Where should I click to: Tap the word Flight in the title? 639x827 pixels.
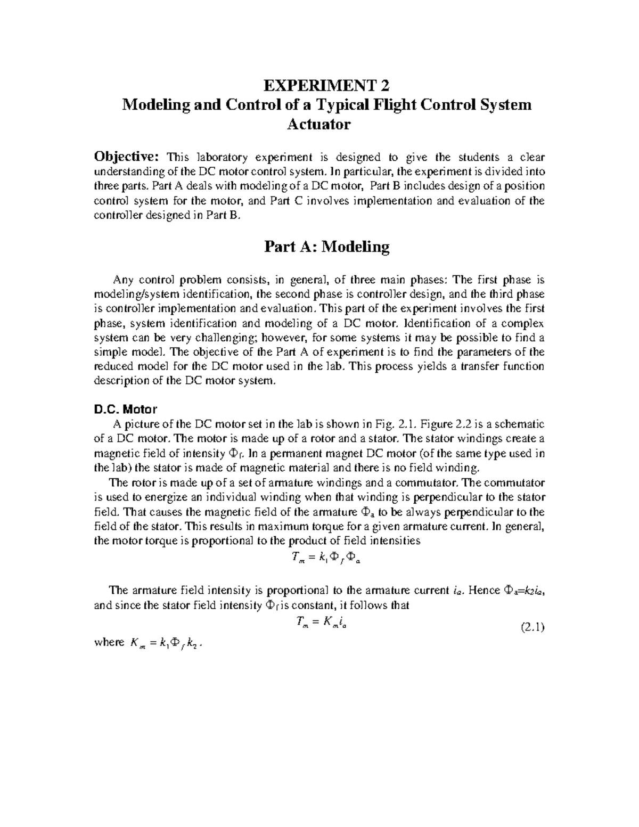coord(392,104)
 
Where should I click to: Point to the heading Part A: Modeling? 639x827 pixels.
coord(326,247)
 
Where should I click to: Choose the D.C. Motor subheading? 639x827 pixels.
coord(125,410)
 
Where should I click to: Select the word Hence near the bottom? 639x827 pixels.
coord(485,590)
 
